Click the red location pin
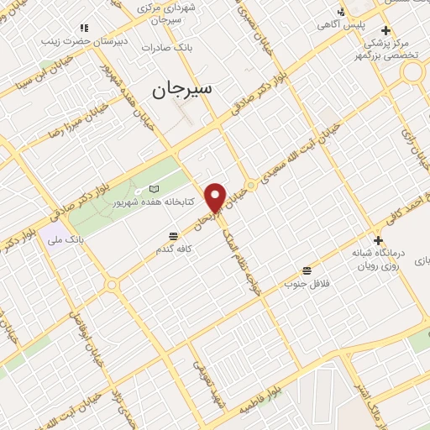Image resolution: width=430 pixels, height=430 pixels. point(216,197)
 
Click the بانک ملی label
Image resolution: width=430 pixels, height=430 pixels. point(68,239)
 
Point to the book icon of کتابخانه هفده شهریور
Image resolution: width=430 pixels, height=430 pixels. point(152,189)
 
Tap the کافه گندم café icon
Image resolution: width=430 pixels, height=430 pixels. point(173,235)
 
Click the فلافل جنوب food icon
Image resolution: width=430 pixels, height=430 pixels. point(307,270)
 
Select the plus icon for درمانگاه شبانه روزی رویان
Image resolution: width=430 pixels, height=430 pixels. point(379,241)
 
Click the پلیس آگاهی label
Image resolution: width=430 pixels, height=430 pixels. point(339,26)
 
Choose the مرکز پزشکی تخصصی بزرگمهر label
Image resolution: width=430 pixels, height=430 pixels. point(403,48)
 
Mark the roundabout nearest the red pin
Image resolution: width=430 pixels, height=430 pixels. point(250,186)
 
